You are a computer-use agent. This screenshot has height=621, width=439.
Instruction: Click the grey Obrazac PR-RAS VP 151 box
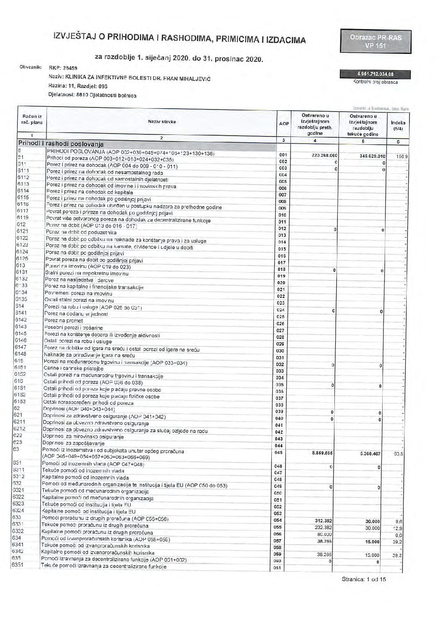click(x=376, y=41)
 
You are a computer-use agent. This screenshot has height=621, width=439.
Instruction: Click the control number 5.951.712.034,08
click(x=375, y=75)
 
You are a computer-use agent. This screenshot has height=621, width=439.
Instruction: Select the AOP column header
click(x=283, y=124)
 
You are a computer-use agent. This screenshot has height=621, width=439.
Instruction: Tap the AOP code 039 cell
click(x=279, y=412)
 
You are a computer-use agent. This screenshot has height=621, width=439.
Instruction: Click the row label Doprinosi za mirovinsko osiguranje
click(x=83, y=437)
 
